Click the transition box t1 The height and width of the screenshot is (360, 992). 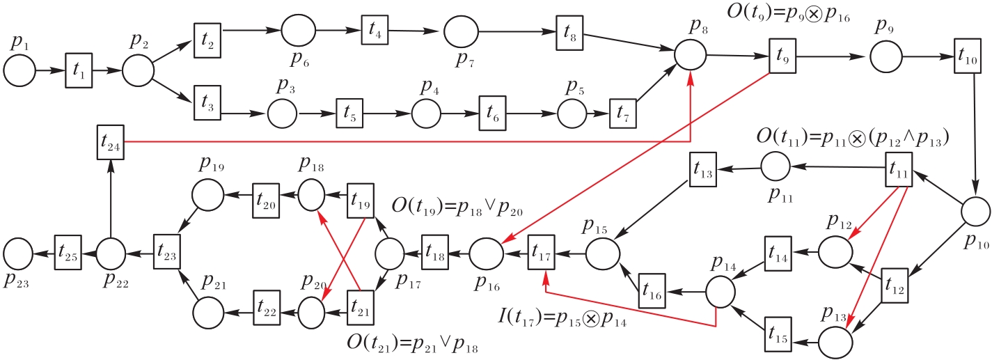coord(79,71)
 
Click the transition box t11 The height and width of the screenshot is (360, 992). coord(899,167)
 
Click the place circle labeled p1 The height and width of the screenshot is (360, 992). coord(19,71)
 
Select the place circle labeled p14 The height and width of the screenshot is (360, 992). coord(723,290)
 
